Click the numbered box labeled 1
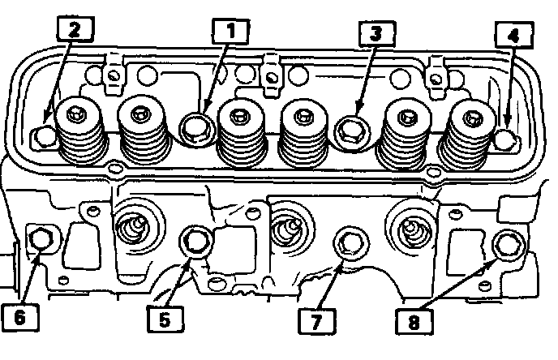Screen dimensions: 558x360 click(230, 32)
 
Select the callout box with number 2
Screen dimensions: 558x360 click(75, 29)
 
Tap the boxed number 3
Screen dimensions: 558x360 click(377, 34)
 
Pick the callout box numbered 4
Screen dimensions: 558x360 click(514, 35)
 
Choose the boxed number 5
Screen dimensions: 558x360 click(165, 319)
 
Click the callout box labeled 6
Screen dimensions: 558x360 click(20, 317)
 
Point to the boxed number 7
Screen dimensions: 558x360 click(317, 321)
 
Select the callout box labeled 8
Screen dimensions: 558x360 click(414, 322)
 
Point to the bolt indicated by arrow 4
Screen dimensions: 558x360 click(506, 139)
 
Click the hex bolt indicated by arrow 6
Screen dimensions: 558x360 click(41, 241)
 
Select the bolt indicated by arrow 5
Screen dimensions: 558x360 click(196, 242)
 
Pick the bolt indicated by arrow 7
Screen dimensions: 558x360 click(350, 244)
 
